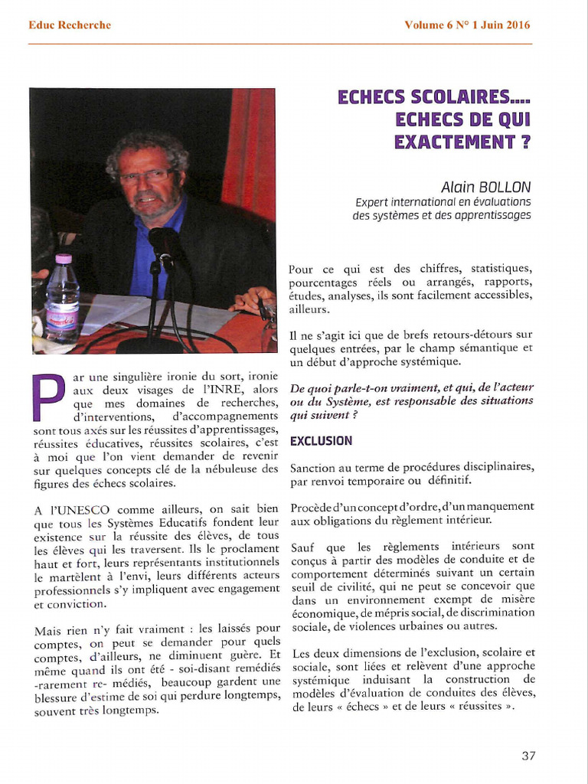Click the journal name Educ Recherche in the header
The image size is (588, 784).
[x=70, y=25]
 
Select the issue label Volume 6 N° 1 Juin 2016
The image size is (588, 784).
[x=467, y=25]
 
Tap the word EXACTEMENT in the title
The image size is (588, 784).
[x=451, y=142]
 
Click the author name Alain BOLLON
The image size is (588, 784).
[x=485, y=188]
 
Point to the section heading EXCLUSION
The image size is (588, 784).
[x=321, y=441]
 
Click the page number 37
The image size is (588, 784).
[x=528, y=756]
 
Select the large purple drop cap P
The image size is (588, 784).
[x=50, y=397]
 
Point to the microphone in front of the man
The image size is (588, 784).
[x=162, y=245]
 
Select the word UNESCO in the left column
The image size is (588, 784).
[x=84, y=508]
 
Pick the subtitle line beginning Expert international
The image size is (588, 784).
[x=443, y=203]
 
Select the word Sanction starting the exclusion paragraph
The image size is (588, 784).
[x=314, y=468]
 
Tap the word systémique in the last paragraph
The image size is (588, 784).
[x=320, y=679]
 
